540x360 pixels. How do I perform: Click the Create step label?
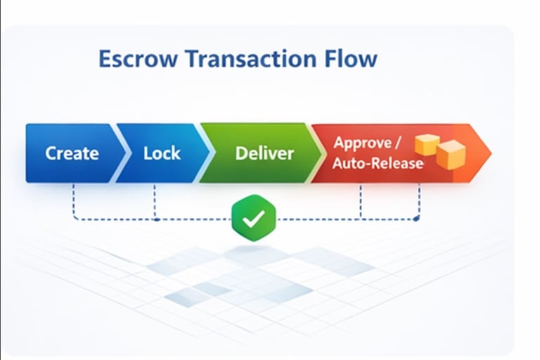coord(72,153)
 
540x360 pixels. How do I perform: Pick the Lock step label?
coord(162,153)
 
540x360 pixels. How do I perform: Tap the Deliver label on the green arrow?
coord(264,153)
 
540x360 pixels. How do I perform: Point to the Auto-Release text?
coord(378,164)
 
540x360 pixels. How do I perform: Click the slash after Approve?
coord(398,142)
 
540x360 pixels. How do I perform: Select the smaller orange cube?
coord(427,145)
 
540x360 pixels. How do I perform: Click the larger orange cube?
coord(450,154)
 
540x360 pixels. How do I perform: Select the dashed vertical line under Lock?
coord(155,200)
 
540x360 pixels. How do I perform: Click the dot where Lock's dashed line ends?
coord(155,219)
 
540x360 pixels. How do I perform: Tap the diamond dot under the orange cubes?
coord(417,219)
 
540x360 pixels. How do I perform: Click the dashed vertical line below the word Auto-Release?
coord(361,200)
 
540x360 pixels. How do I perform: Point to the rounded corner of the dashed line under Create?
coord(75,218)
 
